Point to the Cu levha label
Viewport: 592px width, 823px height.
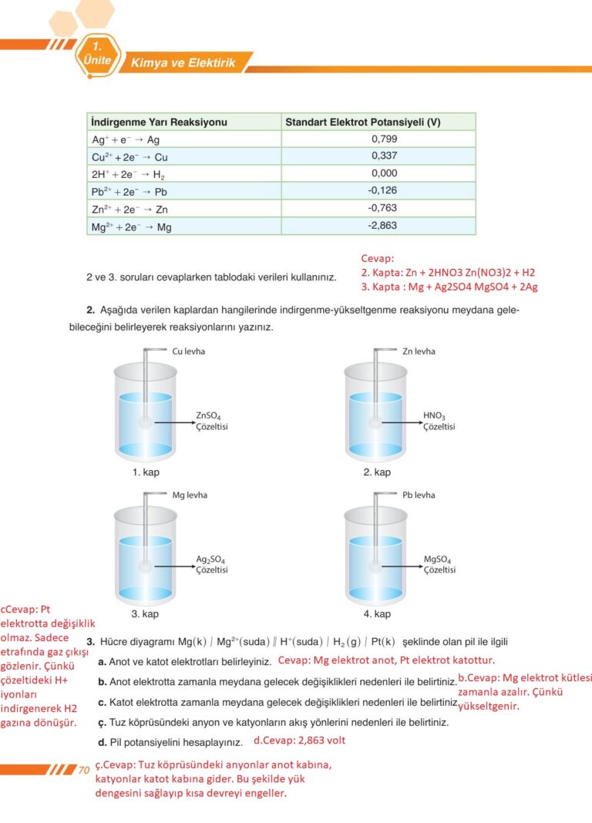[x=189, y=351]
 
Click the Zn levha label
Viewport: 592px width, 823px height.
[x=419, y=351]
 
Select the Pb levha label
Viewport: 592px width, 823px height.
[x=419, y=495]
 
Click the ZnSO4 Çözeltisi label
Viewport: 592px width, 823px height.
[x=211, y=422]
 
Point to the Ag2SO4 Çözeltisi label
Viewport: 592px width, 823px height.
[x=211, y=565]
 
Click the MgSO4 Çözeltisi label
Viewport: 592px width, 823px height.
[x=439, y=565]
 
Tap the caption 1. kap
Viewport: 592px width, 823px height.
[x=146, y=472]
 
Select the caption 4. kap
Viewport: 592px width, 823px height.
[x=377, y=614]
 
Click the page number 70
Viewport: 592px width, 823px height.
[x=84, y=770]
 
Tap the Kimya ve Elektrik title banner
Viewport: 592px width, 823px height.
[x=183, y=63]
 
